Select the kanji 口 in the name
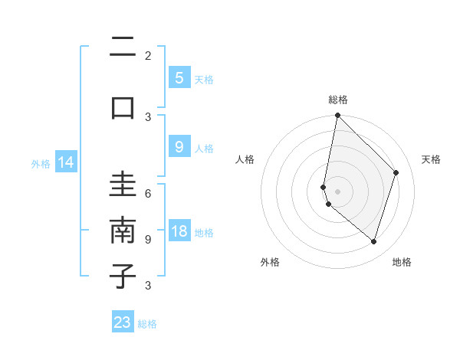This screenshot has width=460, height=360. coord(123,106)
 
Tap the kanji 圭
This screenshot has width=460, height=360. coord(123,185)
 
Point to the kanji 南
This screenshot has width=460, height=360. coord(123,230)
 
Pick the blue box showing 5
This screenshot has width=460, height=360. coord(179,78)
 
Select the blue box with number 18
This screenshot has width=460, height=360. coord(179,232)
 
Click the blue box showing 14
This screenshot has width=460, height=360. coord(66,162)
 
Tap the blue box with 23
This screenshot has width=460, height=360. coord(123,322)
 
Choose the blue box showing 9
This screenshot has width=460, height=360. coord(179,147)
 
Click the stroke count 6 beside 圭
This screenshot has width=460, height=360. coord(148,195)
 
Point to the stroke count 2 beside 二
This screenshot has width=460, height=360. coord(148,56)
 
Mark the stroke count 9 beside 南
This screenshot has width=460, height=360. coord(148,240)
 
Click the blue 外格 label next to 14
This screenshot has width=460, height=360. coord(41,163)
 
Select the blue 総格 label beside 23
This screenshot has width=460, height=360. coord(147,324)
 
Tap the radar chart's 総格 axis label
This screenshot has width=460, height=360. coord(338,100)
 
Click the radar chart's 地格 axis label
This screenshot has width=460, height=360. coord(402,262)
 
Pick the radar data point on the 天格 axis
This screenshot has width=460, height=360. coord(396,172)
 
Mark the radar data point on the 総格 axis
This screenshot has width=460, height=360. coord(337,115)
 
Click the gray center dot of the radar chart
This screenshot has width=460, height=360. coord(337,191)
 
